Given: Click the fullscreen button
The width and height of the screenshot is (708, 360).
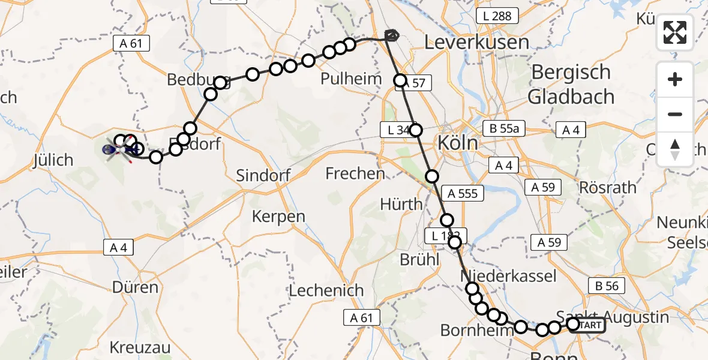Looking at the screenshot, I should click(x=675, y=32).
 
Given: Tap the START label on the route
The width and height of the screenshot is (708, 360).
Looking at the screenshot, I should click(x=591, y=325).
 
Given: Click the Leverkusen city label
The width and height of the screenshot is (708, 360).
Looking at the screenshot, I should click(x=477, y=42).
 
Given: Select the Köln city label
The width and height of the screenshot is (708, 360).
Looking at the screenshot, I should click(x=458, y=143).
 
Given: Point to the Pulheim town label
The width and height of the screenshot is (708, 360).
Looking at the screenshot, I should click(x=352, y=79).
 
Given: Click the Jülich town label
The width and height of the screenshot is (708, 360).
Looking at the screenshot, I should click(x=54, y=160).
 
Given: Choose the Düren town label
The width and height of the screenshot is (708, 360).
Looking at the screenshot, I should click(x=134, y=287).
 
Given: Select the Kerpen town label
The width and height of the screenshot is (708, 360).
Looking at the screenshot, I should click(x=278, y=216).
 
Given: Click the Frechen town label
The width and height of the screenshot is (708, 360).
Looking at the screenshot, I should click(x=355, y=174).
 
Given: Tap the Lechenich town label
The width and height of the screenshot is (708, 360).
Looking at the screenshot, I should click(x=326, y=290).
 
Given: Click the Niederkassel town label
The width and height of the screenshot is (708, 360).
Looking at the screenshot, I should click(x=508, y=276).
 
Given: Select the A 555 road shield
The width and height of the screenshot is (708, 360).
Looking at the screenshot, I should click(x=463, y=193).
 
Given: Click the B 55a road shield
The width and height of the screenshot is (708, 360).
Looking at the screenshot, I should click(x=501, y=128).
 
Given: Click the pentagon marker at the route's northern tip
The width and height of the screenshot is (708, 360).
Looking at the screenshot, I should click(x=392, y=35).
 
